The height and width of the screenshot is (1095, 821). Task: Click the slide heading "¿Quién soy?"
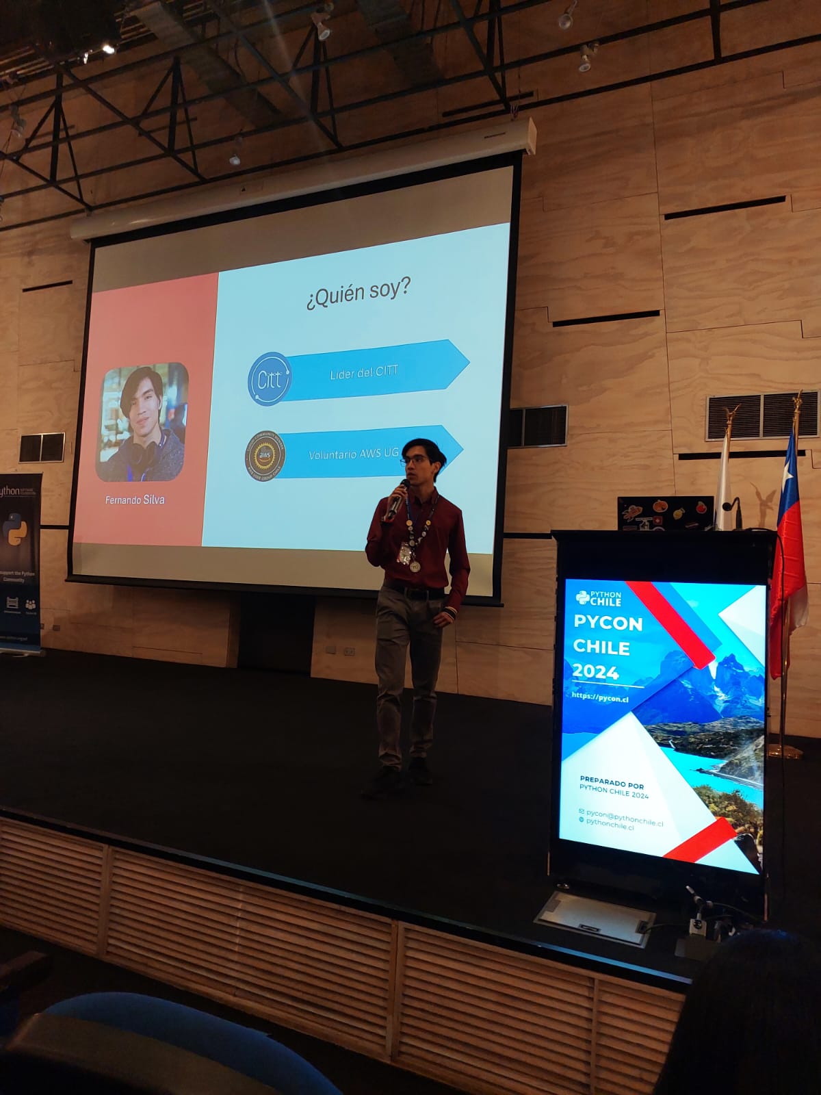(x=358, y=294)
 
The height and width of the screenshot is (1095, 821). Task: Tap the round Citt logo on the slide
(x=269, y=378)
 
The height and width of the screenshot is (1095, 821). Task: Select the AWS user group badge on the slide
(x=265, y=455)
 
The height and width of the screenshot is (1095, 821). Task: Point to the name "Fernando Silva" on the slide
(x=135, y=500)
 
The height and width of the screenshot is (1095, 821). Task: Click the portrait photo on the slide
(x=143, y=422)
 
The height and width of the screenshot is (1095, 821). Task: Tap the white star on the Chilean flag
(x=788, y=471)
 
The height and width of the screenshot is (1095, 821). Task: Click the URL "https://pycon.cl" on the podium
(x=600, y=697)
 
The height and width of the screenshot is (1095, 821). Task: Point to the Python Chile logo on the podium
(x=599, y=597)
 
